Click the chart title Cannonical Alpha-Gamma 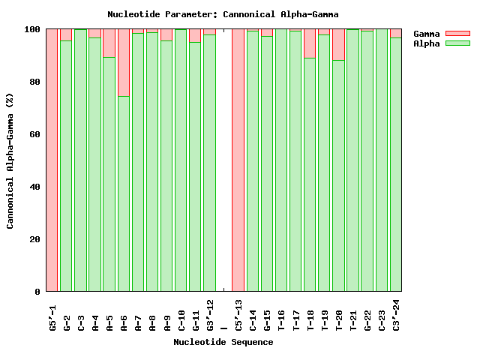[x=223, y=14]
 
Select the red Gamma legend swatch [x=457, y=34]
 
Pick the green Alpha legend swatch [x=457, y=43]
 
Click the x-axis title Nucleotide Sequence [x=223, y=343]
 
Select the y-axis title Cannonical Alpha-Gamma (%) [x=10, y=160]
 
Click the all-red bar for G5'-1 [x=52, y=160]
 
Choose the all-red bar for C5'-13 [x=238, y=160]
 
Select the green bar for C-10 [x=181, y=160]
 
